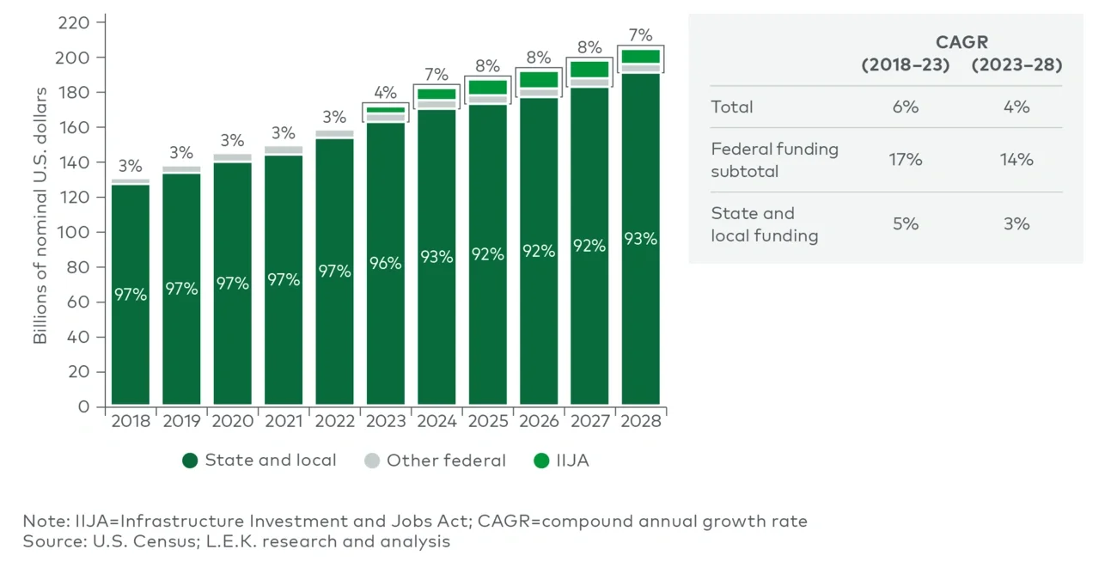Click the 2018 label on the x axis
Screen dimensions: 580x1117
click(130, 421)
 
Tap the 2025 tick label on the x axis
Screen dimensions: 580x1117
click(487, 421)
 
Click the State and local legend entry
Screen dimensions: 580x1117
click(259, 461)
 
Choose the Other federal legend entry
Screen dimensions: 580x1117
click(435, 461)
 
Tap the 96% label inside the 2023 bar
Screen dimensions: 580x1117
click(385, 263)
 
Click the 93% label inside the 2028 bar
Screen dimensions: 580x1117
click(640, 239)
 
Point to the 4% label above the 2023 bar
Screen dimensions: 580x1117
click(385, 92)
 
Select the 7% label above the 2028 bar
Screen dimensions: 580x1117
click(640, 35)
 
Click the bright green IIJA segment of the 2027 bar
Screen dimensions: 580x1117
click(589, 69)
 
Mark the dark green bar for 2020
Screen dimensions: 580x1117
click(232, 284)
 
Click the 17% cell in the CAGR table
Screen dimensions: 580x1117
click(905, 160)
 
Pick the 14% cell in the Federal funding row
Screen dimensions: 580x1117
click(1016, 160)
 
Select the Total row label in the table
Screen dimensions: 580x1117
click(732, 107)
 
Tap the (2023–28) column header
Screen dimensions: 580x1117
click(1016, 65)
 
